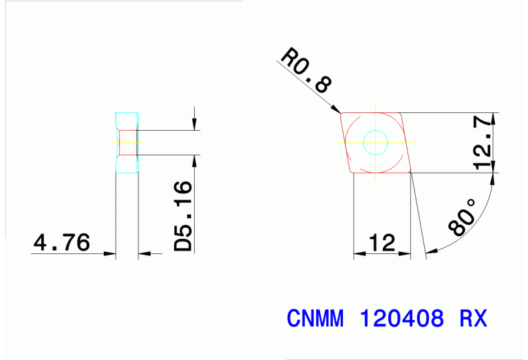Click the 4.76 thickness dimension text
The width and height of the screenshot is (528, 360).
pyautogui.click(x=61, y=242)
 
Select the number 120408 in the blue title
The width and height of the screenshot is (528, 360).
pyautogui.click(x=402, y=319)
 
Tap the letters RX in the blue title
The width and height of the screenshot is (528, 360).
pyautogui.click(x=473, y=319)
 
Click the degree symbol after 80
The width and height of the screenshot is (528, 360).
pyautogui.click(x=472, y=204)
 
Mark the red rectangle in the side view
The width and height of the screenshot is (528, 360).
pyautogui.click(x=127, y=142)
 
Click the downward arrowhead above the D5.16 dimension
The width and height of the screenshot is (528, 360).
pyautogui.click(x=196, y=125)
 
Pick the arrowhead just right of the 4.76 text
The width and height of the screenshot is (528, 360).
pyautogui.click(x=109, y=254)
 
